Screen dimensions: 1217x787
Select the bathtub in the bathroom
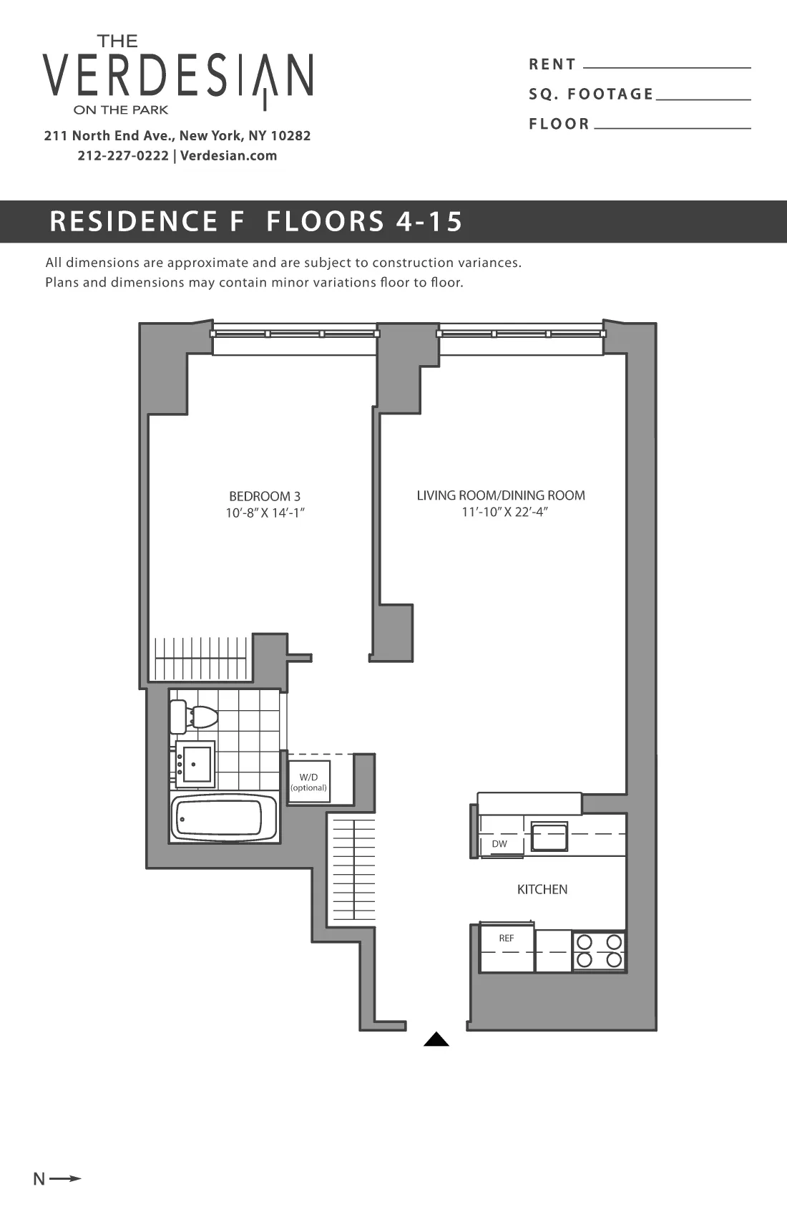(223, 818)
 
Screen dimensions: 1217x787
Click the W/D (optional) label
(308, 782)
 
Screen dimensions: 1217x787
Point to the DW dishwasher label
(499, 844)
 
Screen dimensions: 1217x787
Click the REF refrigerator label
(507, 938)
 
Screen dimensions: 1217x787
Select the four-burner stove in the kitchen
(599, 951)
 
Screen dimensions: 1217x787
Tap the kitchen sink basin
(549, 837)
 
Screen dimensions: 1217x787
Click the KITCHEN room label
(542, 889)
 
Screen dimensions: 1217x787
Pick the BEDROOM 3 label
(265, 496)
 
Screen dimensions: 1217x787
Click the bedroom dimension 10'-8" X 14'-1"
(265, 513)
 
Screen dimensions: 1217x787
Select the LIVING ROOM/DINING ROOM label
(501, 495)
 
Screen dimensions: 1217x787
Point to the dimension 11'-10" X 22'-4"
(504, 512)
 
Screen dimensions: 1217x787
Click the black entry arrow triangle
(436, 1039)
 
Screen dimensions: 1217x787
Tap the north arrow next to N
(66, 1178)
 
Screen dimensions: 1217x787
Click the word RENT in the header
(552, 64)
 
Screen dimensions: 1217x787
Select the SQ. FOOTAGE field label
(591, 94)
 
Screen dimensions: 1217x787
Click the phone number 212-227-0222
(123, 156)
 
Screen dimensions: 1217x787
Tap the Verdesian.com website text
(228, 156)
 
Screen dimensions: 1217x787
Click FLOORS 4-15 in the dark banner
(364, 221)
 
